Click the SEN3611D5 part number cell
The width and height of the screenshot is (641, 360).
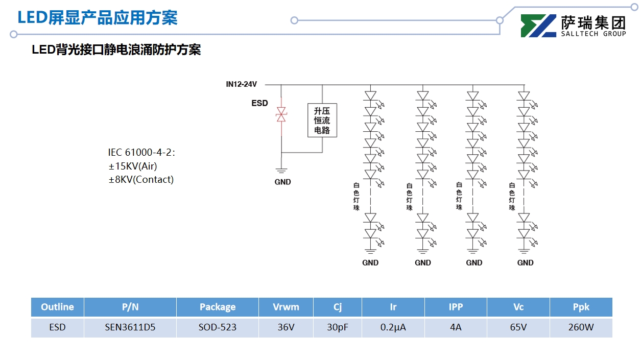click(x=130, y=327)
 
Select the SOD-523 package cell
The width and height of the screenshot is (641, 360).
click(x=218, y=327)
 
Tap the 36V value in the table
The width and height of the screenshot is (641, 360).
click(x=286, y=327)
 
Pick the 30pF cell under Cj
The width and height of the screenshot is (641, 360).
click(x=338, y=327)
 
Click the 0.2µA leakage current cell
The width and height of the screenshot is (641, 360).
click(x=393, y=327)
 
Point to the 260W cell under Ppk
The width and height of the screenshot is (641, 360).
click(x=581, y=327)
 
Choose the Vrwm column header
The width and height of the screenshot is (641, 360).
click(x=286, y=307)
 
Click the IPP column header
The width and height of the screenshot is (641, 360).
click(x=456, y=307)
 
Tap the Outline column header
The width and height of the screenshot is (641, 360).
click(x=57, y=307)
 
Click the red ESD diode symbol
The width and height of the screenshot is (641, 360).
click(x=281, y=115)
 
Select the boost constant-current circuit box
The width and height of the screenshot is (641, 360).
click(x=322, y=121)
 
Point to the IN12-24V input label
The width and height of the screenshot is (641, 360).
click(x=241, y=84)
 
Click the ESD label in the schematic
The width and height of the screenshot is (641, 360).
click(x=259, y=103)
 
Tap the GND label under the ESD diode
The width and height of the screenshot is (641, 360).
click(x=282, y=182)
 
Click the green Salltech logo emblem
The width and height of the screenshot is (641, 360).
click(x=538, y=26)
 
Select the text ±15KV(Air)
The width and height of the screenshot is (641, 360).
click(x=133, y=166)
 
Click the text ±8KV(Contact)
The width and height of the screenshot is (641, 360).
click(x=141, y=179)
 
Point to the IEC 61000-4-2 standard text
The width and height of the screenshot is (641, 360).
click(x=141, y=152)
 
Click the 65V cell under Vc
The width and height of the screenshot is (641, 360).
click(x=518, y=327)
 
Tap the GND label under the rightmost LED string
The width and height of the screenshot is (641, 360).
click(x=525, y=262)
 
